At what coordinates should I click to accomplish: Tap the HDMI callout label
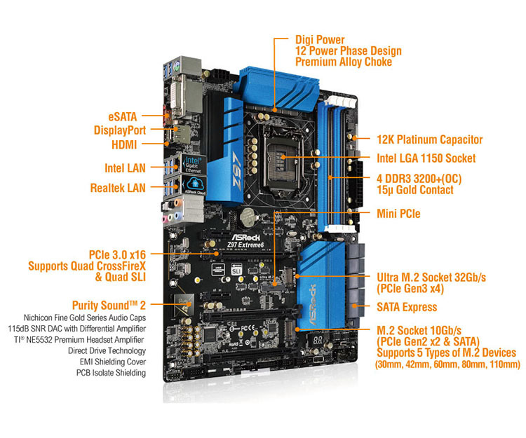tap(123, 145)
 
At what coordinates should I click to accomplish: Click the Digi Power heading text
tap(320, 39)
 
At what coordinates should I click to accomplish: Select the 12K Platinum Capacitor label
tap(430, 140)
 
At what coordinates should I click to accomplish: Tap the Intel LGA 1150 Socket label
tap(426, 159)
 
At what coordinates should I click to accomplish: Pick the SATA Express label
tap(407, 307)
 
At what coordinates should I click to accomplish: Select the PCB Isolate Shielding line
tap(111, 373)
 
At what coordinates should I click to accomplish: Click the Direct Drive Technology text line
tap(107, 349)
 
